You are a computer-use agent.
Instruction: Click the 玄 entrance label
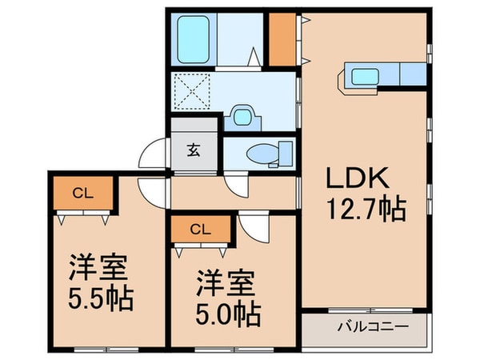tap(194, 149)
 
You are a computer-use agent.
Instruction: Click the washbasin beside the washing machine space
tap(241, 117)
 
